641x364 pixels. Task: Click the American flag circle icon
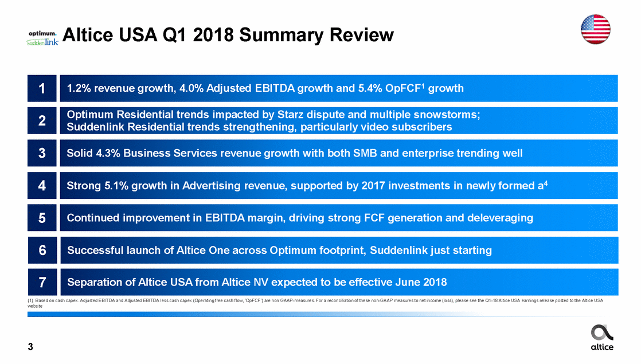pyautogui.click(x=595, y=29)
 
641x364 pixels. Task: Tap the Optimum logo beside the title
pyautogui.click(x=42, y=33)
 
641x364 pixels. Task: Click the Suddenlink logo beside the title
pyautogui.click(x=42, y=42)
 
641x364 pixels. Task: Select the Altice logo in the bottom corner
pyautogui.click(x=602, y=338)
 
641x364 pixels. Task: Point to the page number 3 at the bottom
pyautogui.click(x=30, y=347)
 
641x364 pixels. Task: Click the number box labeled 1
pyautogui.click(x=42, y=88)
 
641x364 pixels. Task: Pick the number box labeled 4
pyautogui.click(x=42, y=186)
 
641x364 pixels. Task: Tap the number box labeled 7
pyautogui.click(x=42, y=282)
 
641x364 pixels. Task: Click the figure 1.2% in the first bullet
pyautogui.click(x=79, y=88)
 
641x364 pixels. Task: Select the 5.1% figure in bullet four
pyautogui.click(x=116, y=186)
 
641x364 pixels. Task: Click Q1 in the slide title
pyautogui.click(x=176, y=35)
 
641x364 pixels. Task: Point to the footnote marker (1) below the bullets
pyautogui.click(x=30, y=300)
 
